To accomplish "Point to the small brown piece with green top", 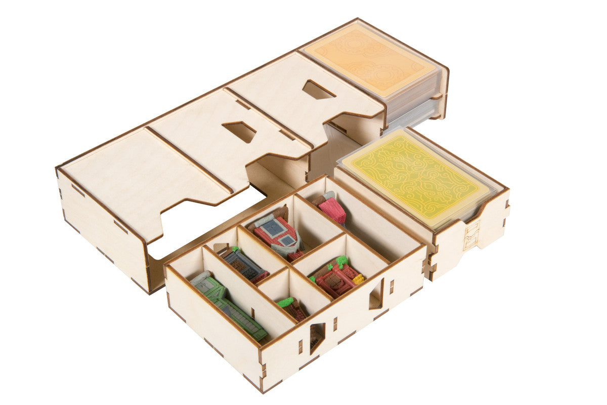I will coord(292,307).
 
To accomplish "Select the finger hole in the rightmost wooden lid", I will coord(318,90).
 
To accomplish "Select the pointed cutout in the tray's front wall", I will coord(317,336).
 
